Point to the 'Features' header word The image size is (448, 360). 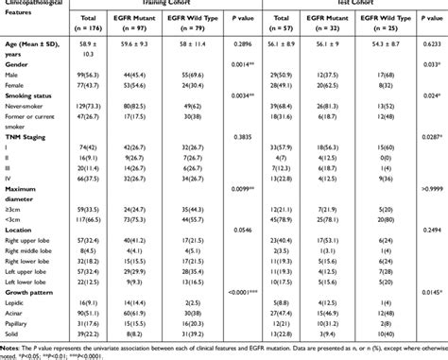(23, 25)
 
